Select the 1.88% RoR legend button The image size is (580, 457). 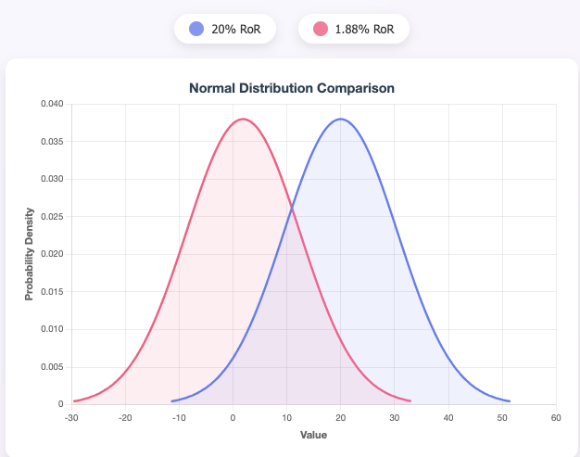354,29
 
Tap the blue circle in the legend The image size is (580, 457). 196,29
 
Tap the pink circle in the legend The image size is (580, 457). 321,29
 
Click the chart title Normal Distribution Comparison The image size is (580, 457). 292,88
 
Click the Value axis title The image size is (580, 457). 313,434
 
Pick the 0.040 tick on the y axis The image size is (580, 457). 51,104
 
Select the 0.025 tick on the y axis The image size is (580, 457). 51,216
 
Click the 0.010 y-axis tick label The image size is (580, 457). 51,329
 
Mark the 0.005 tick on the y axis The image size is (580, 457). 51,366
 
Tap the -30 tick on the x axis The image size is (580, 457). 71,417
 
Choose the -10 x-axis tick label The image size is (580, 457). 179,417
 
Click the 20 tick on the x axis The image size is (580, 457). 341,417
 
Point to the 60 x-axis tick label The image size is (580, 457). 556,417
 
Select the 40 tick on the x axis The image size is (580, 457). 448,417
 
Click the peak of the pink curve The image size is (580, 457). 243,119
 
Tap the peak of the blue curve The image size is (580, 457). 341,119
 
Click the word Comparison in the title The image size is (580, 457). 356,88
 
